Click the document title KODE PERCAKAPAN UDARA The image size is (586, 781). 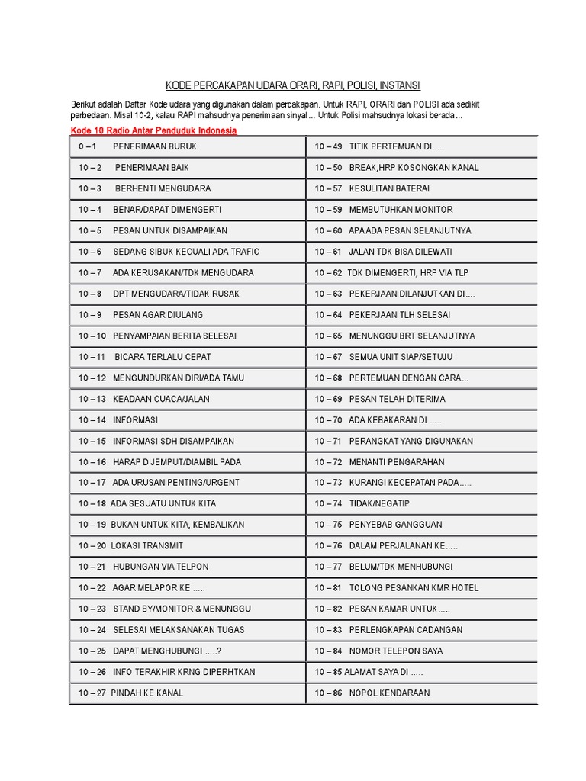[293, 85]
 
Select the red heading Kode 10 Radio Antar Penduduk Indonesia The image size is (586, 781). [153, 131]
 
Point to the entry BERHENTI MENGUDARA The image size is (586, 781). [163, 188]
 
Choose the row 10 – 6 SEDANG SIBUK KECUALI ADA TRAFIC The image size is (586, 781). [169, 252]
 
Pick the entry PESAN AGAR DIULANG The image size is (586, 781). [158, 314]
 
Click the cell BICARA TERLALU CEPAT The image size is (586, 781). [163, 357]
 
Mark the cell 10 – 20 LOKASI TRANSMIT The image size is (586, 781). [130, 546]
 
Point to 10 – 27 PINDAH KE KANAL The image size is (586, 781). [130, 693]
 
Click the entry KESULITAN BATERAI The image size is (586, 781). [389, 188]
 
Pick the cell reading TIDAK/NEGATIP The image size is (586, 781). [379, 503]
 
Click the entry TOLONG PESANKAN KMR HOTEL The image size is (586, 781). [414, 588]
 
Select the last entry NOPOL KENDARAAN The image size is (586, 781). [389, 693]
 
